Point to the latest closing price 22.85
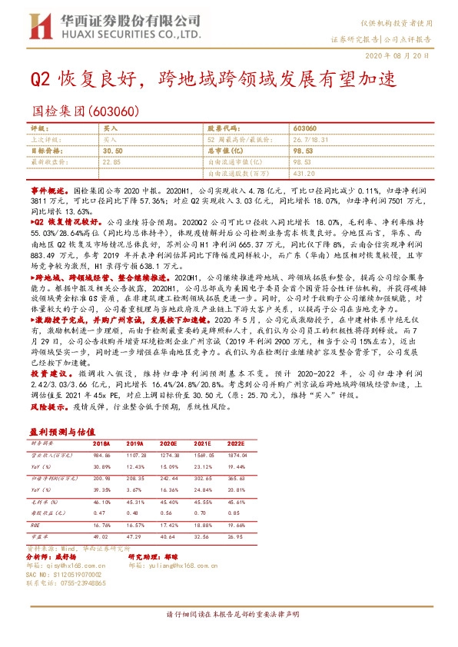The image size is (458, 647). point(111,162)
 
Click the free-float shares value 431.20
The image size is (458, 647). point(304,173)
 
